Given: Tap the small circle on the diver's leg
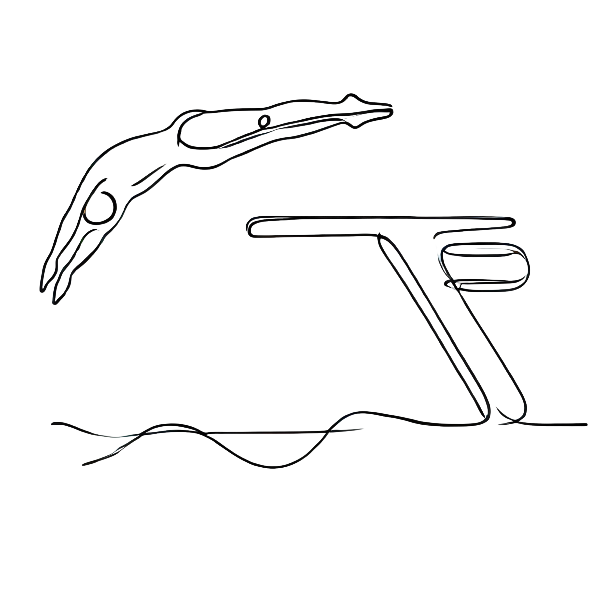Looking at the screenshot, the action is pos(264,121).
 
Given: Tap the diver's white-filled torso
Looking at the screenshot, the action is pos(133,159).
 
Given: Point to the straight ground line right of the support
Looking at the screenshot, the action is pos(556,424).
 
